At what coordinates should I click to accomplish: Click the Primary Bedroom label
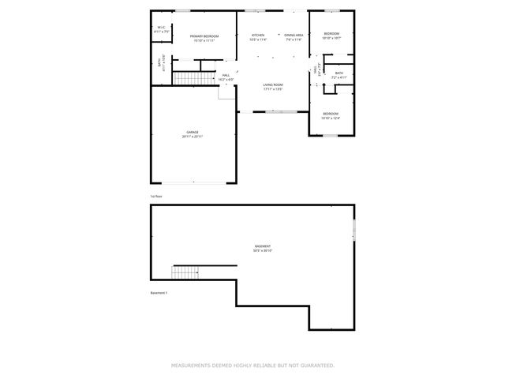pos(203,38)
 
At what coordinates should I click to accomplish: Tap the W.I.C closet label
pos(161,29)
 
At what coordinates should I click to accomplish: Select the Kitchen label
pos(258,37)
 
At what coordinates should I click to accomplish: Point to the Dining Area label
pos(294,37)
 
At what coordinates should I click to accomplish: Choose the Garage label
pos(193,134)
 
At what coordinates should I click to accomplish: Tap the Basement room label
pos(262,249)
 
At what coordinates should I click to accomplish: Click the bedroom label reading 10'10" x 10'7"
pos(331,36)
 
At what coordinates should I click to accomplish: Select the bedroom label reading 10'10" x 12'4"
pos(331,115)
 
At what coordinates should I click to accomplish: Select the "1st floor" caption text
pos(156,195)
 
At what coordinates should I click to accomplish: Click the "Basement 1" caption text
pos(159,293)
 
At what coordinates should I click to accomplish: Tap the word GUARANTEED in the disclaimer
pos(316,366)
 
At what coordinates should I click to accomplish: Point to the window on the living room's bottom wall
pos(281,112)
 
